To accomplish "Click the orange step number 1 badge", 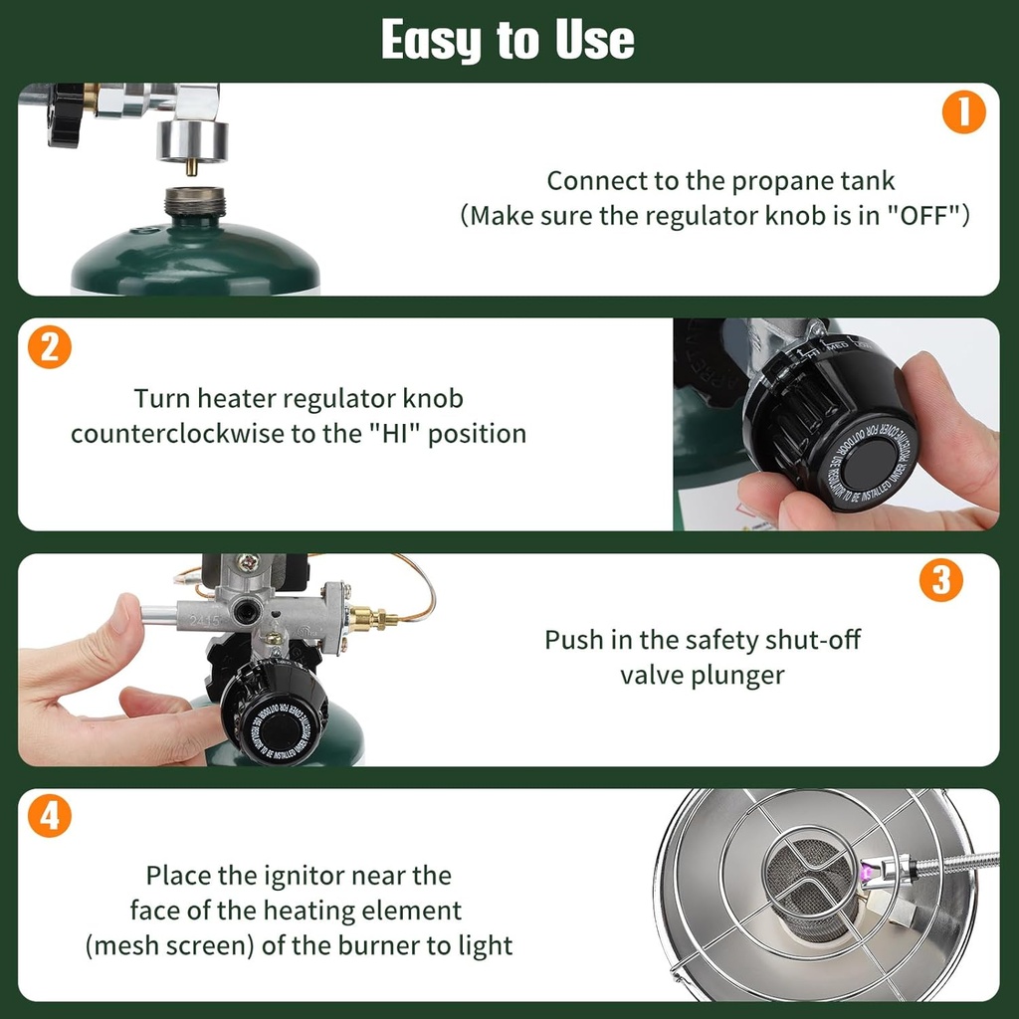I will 963,114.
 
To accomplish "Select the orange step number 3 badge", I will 940,581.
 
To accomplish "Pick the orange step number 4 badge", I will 49,817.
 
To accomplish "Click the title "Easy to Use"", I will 508,41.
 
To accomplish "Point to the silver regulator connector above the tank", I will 192,139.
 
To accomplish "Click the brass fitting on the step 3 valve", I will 370,620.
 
